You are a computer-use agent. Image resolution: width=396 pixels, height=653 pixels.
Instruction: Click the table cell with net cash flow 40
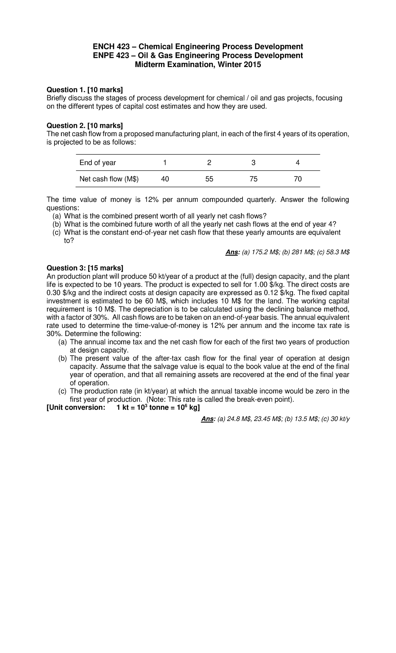pyautogui.click(x=165, y=179)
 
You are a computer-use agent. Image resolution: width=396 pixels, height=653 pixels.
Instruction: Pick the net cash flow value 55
pyautogui.click(x=209, y=179)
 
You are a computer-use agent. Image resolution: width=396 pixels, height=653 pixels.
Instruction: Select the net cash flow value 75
pyautogui.click(x=253, y=179)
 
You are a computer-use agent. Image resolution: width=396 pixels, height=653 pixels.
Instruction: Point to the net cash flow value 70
pyautogui.click(x=298, y=179)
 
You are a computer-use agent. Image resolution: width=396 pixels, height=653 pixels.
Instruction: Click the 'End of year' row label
pyautogui.click(x=98, y=163)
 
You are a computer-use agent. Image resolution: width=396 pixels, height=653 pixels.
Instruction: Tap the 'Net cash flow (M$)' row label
pyautogui.click(x=109, y=179)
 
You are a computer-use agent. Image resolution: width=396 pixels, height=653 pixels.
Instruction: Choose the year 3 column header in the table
pyautogui.click(x=253, y=163)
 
